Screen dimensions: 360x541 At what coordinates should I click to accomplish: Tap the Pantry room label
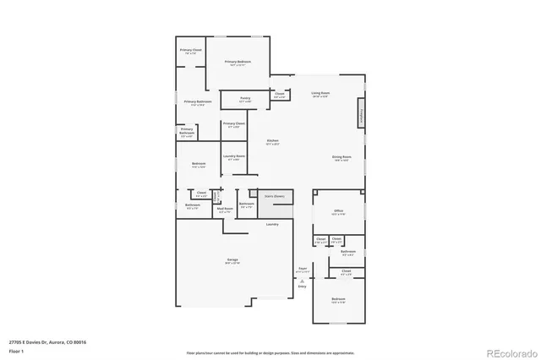[245, 99]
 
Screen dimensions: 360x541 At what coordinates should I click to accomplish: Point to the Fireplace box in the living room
[361, 117]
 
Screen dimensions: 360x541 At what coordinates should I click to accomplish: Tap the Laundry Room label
[234, 156]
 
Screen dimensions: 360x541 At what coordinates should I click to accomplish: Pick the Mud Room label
[224, 209]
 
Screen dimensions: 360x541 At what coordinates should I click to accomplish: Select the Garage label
[232, 259]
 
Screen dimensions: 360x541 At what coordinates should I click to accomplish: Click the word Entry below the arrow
[303, 287]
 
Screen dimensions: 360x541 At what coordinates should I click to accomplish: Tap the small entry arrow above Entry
[303, 279]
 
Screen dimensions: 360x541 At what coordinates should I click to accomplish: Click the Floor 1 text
[16, 351]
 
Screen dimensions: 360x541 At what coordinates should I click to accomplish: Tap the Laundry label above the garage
[272, 224]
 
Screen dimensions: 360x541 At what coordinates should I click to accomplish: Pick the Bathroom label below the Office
[347, 252]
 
